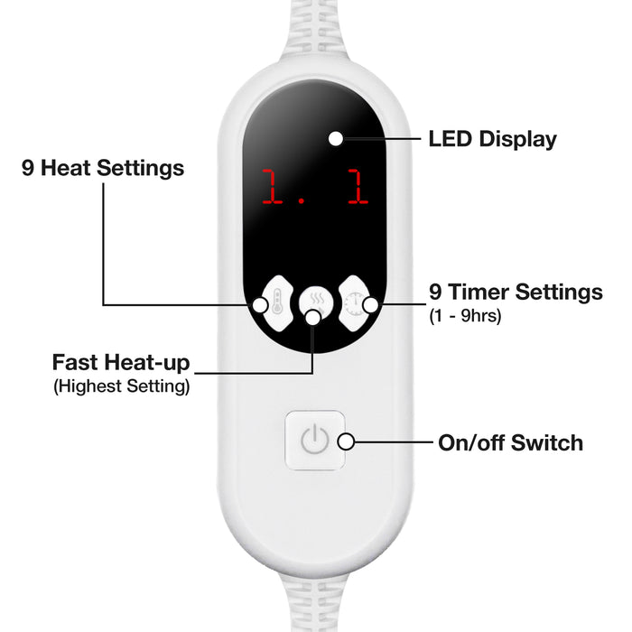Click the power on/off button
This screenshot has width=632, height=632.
click(x=315, y=441)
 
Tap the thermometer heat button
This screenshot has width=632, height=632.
click(x=277, y=303)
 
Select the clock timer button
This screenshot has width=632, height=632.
click(x=354, y=303)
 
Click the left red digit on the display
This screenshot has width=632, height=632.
click(x=272, y=186)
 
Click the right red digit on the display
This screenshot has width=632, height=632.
click(x=358, y=186)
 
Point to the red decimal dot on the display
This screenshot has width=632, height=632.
click(x=301, y=200)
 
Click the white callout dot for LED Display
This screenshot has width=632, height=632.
click(x=336, y=139)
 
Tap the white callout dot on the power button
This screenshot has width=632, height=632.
click(x=346, y=441)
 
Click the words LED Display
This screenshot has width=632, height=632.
click(x=493, y=139)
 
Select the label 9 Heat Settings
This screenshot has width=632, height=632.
click(x=103, y=168)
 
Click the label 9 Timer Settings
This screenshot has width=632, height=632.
click(x=516, y=292)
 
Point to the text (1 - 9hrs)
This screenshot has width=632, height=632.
click(x=465, y=316)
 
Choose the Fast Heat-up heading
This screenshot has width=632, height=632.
click(x=121, y=362)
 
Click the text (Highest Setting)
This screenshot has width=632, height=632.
click(x=121, y=386)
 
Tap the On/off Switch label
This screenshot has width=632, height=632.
click(x=511, y=442)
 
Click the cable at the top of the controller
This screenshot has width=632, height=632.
click(x=315, y=28)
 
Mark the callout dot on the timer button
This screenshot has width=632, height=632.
click(x=371, y=305)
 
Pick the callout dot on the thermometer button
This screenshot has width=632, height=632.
click(x=260, y=305)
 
